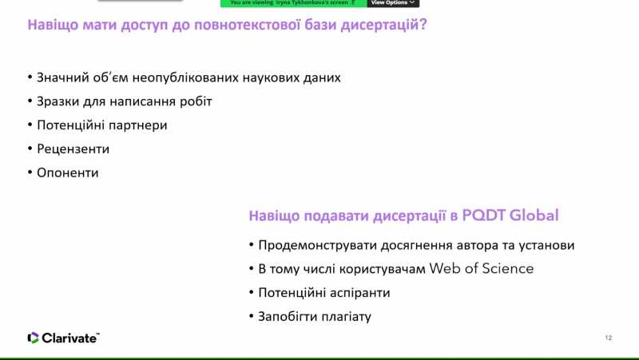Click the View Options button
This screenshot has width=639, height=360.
pyautogui.click(x=393, y=3)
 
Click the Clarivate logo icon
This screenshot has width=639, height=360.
pyautogui.click(x=33, y=338)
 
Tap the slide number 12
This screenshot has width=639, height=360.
pyautogui.click(x=609, y=338)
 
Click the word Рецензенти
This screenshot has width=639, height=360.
pyautogui.click(x=73, y=149)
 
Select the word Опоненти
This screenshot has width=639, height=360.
pyautogui.click(x=68, y=172)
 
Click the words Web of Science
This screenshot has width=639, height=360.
pyautogui.click(x=482, y=268)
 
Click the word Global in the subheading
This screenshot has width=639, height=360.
pyautogui.click(x=534, y=215)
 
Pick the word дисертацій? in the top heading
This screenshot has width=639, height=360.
pyautogui.click(x=383, y=25)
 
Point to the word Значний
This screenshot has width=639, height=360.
pyautogui.click(x=63, y=77)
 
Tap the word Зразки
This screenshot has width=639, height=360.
pyautogui.click(x=58, y=101)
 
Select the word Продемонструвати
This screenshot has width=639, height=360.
pyautogui.click(x=317, y=245)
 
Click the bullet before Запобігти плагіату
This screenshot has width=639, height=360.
pyautogui.click(x=251, y=316)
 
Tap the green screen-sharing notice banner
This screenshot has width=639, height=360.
pyautogui.click(x=293, y=3)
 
